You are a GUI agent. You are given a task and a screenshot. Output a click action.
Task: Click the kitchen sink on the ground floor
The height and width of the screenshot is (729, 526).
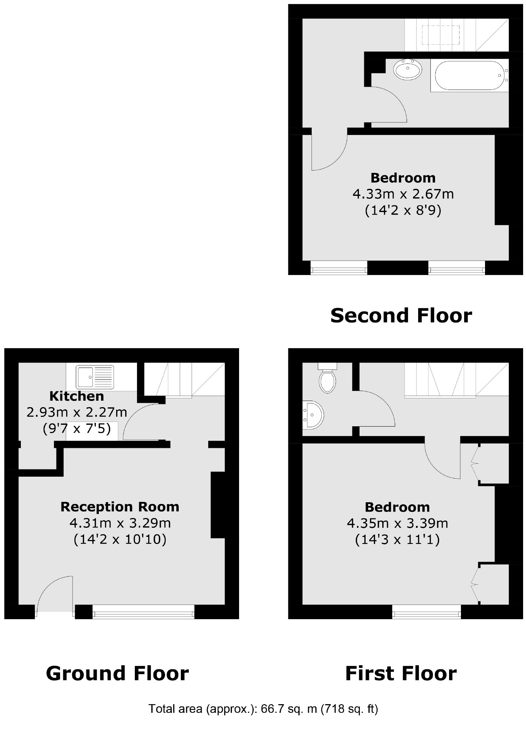pos(95,377)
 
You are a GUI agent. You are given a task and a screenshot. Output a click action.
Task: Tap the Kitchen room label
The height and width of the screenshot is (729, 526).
pos(77,396)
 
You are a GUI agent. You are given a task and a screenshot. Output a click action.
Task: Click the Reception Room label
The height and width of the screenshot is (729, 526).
pos(120,507)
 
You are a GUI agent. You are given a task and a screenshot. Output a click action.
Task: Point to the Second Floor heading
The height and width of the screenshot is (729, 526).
pos(401,315)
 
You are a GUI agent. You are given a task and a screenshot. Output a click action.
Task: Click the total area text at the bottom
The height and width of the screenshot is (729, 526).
pos(263,708)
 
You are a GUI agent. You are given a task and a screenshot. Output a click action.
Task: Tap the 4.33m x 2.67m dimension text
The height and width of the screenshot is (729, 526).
pos(403,194)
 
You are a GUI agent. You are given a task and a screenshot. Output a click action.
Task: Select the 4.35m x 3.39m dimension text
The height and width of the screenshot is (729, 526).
pos(397,523)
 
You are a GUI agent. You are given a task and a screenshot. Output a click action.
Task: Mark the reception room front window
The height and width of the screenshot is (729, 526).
pos(143,612)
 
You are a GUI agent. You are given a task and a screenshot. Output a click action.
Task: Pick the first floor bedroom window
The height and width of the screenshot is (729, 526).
pos(426,612)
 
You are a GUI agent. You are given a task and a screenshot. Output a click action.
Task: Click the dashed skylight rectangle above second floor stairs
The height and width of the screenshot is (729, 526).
pos(440,35)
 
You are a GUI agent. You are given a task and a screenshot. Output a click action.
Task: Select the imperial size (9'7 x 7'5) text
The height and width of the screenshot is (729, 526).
pos(77,428)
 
